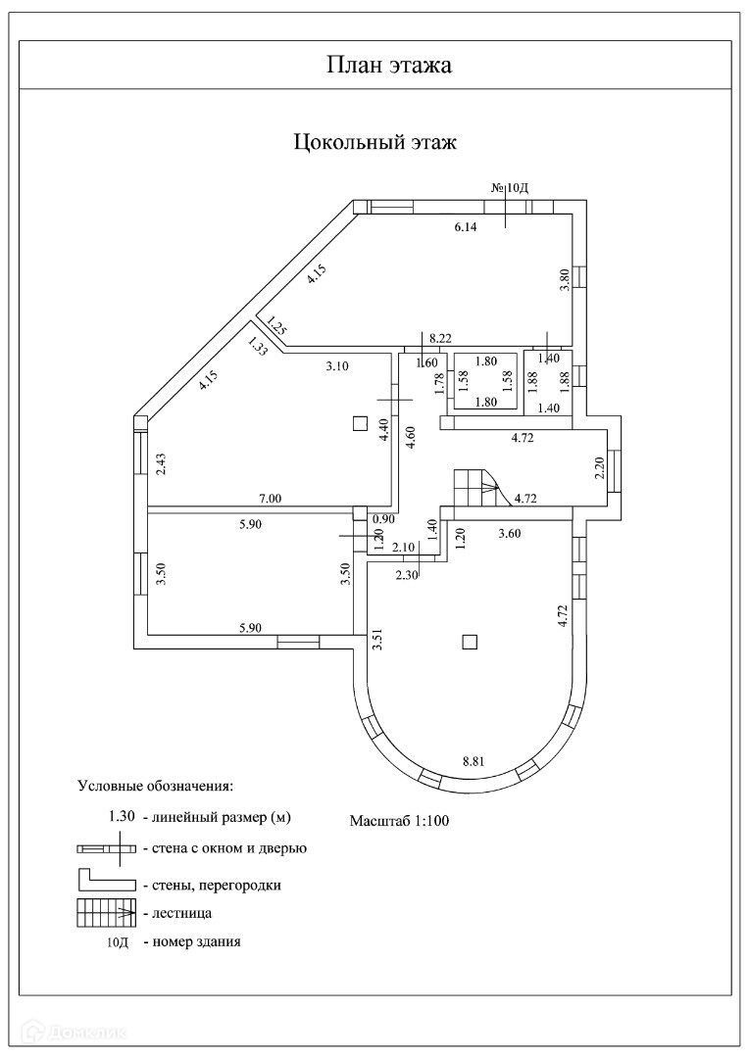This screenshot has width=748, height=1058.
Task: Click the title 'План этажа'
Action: point(374,66)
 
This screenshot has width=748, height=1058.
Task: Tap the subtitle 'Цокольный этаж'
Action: point(375,143)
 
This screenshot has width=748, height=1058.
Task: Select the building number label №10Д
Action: point(510,187)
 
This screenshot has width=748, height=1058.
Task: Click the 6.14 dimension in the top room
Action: point(464,227)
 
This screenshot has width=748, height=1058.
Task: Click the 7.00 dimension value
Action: point(271,499)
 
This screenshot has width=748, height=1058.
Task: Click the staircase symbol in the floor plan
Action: point(476,486)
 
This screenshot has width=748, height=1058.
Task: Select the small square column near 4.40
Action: point(360,423)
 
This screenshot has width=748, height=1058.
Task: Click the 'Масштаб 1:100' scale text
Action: point(399,820)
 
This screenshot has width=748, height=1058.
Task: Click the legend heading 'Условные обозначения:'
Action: point(155,786)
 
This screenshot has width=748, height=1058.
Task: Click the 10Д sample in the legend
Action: point(118,942)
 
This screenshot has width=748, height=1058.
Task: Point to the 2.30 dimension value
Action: point(407,575)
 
